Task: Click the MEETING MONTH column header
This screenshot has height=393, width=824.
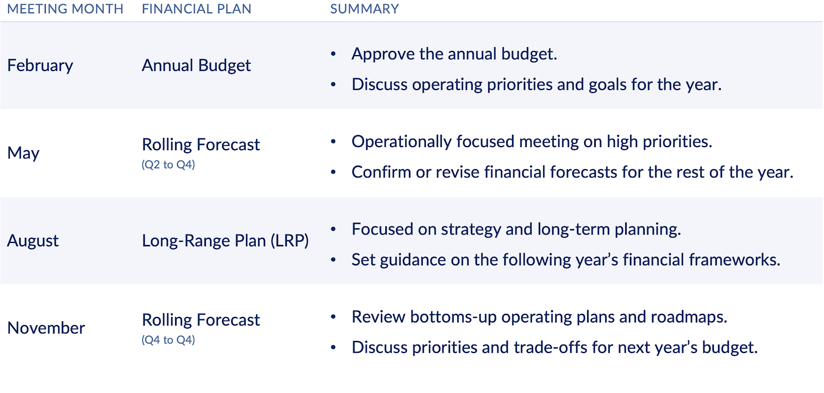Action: pos(65,9)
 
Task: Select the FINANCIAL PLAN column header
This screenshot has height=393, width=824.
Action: pos(196,9)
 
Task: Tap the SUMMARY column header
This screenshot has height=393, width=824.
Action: pos(364,9)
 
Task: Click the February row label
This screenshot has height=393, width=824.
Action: pos(40,66)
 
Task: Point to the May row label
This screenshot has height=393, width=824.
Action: pos(23,153)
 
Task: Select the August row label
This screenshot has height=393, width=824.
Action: pos(33,241)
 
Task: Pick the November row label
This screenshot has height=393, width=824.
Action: pos(46,328)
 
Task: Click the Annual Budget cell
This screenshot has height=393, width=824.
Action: pos(196,66)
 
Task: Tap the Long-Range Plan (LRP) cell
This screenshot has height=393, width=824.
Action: pos(225,241)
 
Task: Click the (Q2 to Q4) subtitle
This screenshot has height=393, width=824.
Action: pos(168,165)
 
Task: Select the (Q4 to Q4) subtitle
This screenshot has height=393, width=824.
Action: pos(168,340)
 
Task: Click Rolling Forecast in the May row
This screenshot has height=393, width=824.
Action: pos(201,145)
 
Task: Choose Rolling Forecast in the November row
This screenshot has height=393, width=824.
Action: pos(201,319)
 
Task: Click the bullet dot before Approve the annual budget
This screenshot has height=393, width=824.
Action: pos(333,55)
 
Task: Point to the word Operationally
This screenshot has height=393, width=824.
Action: pos(402,142)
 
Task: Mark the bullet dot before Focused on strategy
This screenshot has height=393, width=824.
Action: pos(333,229)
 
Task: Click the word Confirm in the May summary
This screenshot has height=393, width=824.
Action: pos(381,172)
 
